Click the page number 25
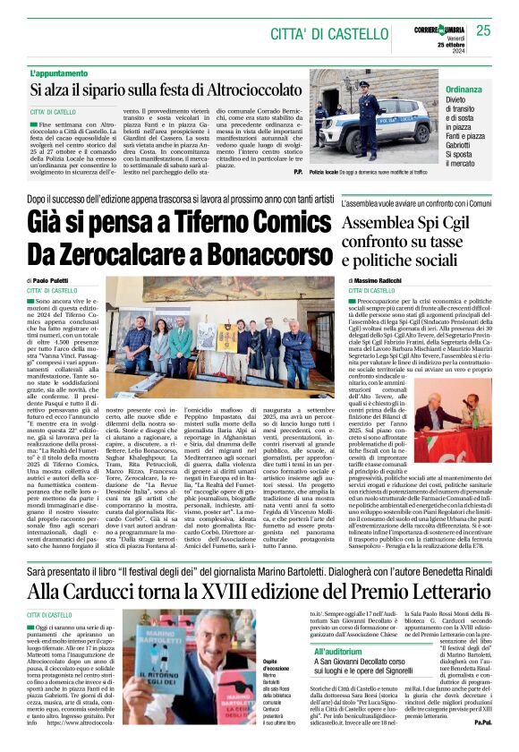tap(483, 31)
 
